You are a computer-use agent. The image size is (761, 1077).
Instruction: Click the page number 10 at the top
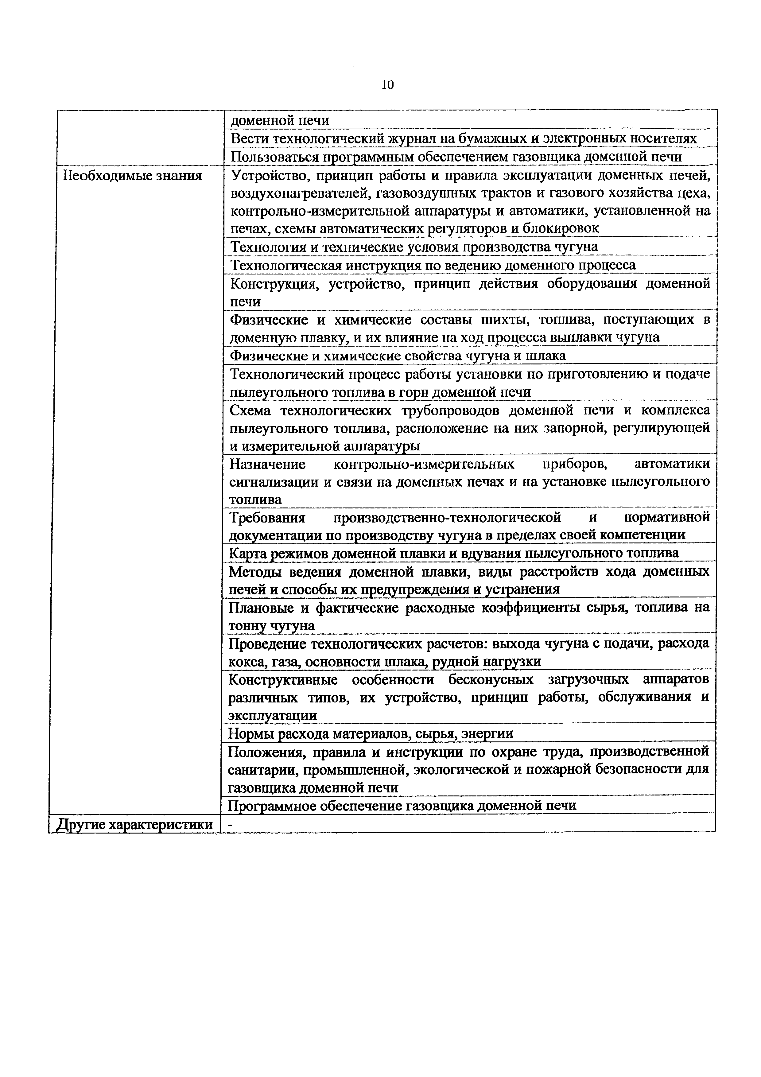tap(388, 85)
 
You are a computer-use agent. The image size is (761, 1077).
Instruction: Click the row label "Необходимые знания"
tap(133, 176)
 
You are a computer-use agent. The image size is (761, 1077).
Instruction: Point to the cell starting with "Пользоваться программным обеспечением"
tap(456, 157)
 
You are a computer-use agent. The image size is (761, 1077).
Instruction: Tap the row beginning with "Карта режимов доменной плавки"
tap(453, 553)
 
